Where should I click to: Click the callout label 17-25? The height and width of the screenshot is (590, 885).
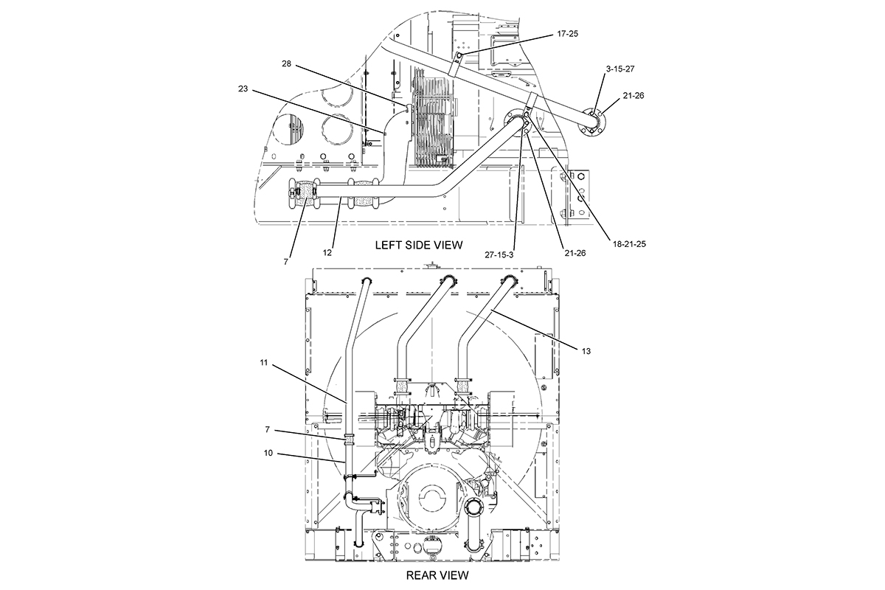(567, 34)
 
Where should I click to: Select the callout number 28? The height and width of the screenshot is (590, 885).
(286, 63)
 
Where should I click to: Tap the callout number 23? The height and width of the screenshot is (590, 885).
(243, 89)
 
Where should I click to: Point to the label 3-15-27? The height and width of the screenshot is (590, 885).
(620, 69)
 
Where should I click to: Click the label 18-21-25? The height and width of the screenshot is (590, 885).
(629, 244)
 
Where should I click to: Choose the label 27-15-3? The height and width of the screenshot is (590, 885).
(499, 255)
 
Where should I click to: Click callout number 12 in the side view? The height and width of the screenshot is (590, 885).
(327, 253)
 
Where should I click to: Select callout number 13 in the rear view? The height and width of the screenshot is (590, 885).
(586, 351)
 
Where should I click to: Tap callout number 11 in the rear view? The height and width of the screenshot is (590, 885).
(264, 362)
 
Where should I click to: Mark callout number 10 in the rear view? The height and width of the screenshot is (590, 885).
(268, 453)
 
